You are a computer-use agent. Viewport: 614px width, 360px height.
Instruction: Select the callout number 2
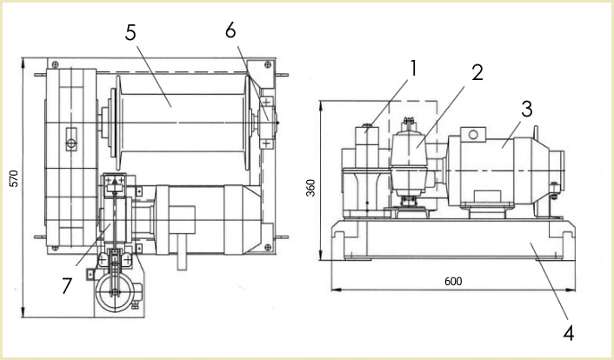477,74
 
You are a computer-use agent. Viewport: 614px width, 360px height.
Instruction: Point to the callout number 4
568,331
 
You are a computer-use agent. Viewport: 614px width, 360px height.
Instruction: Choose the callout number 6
230,30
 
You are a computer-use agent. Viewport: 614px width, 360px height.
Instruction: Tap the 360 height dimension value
310,188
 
